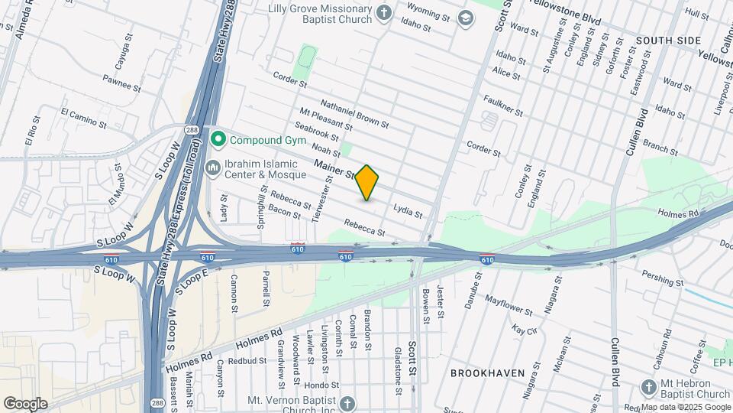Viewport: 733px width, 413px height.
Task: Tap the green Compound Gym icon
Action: tap(218, 139)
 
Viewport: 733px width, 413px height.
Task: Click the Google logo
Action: tap(25, 403)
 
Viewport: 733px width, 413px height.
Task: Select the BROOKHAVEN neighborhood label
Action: tap(487, 373)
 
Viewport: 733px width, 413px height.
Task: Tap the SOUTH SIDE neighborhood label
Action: tap(667, 40)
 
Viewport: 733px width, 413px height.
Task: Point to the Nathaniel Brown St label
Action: tap(354, 113)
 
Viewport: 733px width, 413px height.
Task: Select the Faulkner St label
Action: tap(503, 106)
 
